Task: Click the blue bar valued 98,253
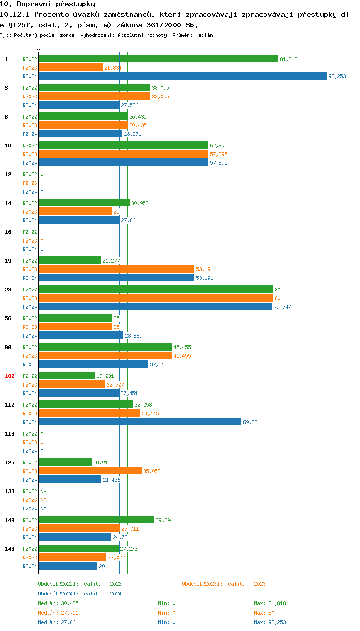click(x=182, y=76)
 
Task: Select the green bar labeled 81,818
click(x=158, y=59)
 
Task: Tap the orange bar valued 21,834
click(x=71, y=68)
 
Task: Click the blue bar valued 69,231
click(x=140, y=422)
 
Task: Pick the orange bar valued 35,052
click(x=90, y=471)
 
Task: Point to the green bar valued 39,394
click(x=96, y=520)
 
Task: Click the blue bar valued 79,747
click(x=155, y=307)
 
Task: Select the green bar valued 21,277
click(x=70, y=261)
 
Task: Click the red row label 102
click(x=10, y=376)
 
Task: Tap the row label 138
click(x=10, y=491)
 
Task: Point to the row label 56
click(x=8, y=318)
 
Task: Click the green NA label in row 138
click(x=43, y=491)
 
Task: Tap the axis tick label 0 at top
click(x=39, y=49)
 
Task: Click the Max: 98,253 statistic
click(x=270, y=622)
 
